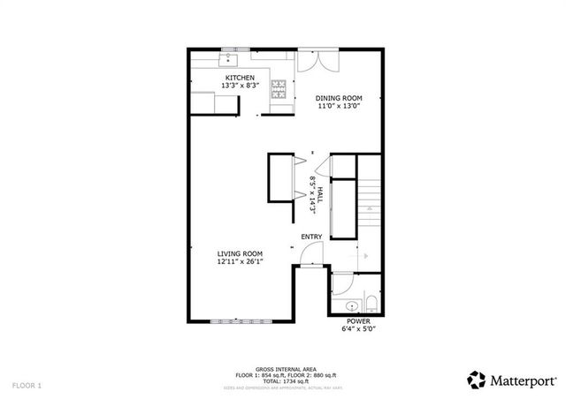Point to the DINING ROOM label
(340, 98)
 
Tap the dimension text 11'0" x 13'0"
(340, 107)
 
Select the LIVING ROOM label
(240, 253)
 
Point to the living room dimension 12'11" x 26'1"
(240, 262)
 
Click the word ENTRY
(311, 237)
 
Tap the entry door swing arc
(310, 255)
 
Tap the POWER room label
(358, 321)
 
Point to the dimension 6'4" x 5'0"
(358, 329)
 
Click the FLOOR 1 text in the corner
(27, 386)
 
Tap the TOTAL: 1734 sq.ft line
(282, 381)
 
